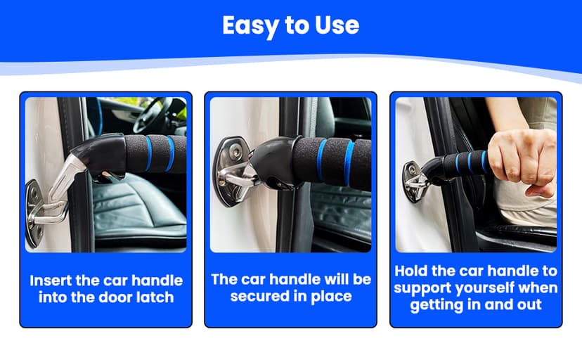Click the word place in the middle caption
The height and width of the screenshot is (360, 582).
point(331,296)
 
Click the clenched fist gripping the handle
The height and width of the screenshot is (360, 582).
point(514,162)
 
